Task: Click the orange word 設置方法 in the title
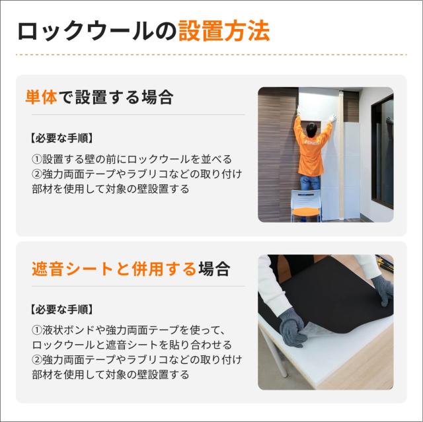coord(224,32)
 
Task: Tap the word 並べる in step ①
coord(217,159)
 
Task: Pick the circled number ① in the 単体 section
coord(36,159)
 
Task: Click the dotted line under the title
coord(211,54)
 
